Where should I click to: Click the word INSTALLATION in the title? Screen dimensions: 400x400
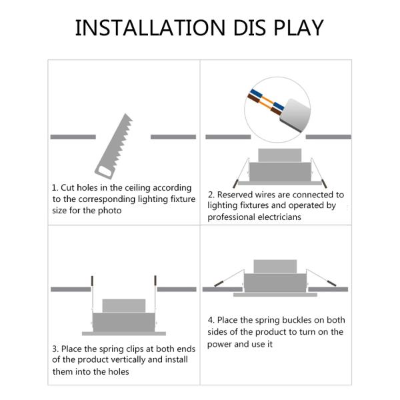pos(150,27)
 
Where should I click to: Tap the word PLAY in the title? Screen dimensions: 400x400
pos(299,27)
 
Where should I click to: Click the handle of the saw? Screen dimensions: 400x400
pos(104,172)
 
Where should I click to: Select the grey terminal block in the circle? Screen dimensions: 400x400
pos(295,115)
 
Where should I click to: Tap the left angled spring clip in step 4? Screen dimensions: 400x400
pos(229,278)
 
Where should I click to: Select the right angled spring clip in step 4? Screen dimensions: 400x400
pos(321,277)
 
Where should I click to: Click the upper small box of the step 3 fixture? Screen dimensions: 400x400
pos(124,305)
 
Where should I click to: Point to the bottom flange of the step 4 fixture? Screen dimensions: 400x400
pos(275,295)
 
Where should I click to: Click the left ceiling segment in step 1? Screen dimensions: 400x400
pos(73,137)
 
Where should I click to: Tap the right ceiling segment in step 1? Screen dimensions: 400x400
pos(173,137)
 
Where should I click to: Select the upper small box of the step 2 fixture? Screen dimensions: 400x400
pos(280,155)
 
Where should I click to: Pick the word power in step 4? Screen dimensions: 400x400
pos(219,345)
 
